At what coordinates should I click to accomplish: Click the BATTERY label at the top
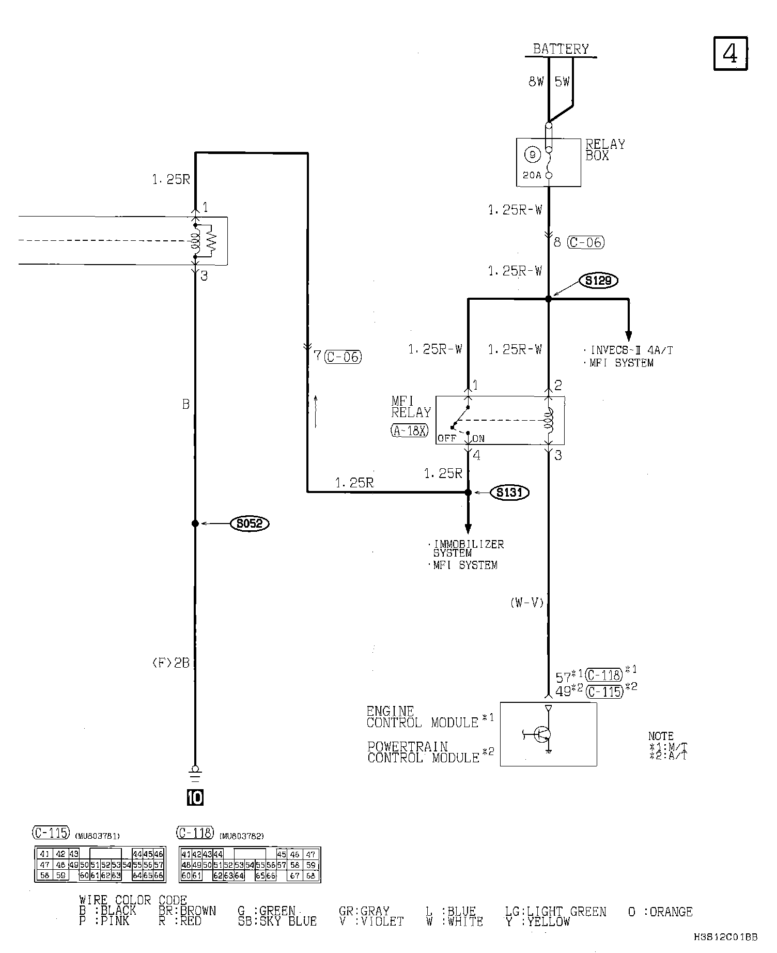tap(561, 49)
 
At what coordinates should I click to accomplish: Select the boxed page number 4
tap(730, 53)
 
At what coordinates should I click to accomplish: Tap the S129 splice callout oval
tap(599, 281)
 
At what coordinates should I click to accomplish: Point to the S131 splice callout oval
tap(509, 493)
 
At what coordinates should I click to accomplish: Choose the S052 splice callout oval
tap(250, 524)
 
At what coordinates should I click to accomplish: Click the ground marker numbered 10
tap(195, 798)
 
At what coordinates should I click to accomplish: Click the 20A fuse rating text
tap(532, 175)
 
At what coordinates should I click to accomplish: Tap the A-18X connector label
tap(410, 431)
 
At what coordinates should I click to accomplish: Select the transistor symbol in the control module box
tap(542, 734)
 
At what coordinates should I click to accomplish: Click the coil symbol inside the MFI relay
tap(549, 419)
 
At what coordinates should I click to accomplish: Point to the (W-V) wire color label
tap(527, 603)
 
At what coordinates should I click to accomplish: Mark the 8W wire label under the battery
tap(536, 82)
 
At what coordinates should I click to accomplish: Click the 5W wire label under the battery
tap(562, 82)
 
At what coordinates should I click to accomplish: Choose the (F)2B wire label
tap(170, 663)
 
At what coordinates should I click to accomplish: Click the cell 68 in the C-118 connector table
tap(310, 876)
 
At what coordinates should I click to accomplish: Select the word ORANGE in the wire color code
tap(671, 912)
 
